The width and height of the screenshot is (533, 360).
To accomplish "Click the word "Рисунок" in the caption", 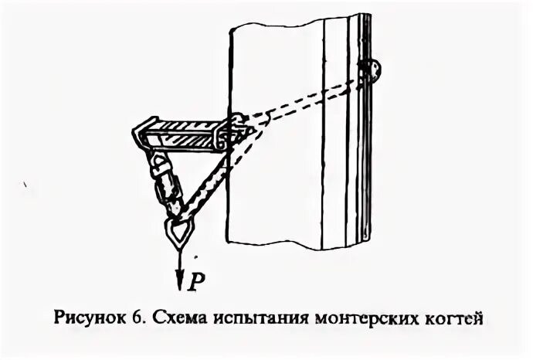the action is coord(89,318).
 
